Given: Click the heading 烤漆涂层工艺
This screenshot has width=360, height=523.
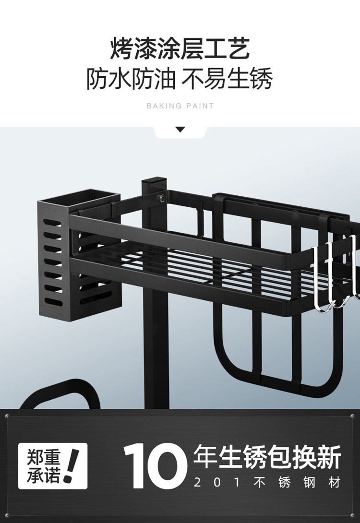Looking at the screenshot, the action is tap(180, 48).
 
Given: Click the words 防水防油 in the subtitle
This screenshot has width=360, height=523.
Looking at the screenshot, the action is tap(131, 79).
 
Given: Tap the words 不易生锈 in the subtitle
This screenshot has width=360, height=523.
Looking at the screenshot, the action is tap(227, 79).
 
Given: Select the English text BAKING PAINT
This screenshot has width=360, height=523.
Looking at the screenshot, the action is tap(180, 106).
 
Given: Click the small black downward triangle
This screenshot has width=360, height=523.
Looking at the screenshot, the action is tap(180, 130).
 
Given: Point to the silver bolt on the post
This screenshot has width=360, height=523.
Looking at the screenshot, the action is tap(161, 198).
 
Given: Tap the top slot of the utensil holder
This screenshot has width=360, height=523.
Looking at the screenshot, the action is tap(53, 223).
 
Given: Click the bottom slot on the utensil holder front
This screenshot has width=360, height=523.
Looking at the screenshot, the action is tap(53, 302).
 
